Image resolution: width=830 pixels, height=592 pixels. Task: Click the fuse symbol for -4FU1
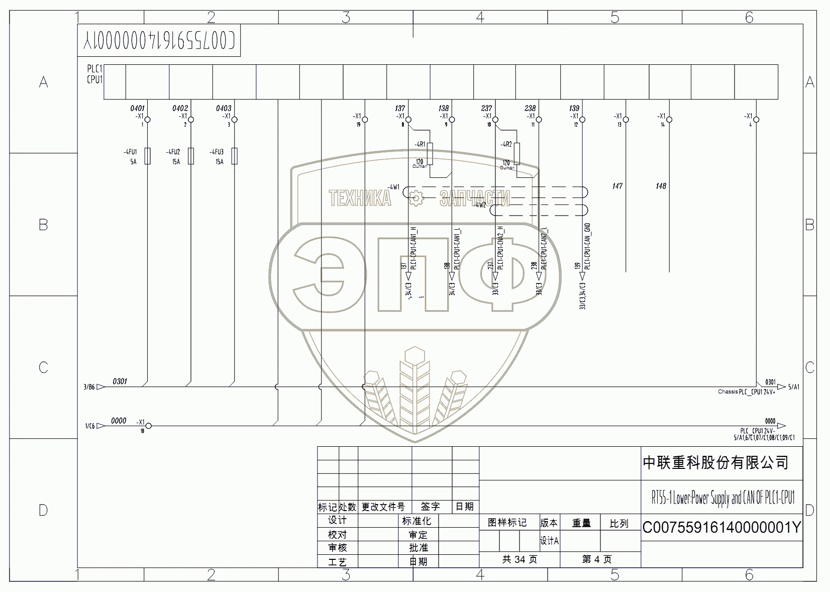coord(147,156)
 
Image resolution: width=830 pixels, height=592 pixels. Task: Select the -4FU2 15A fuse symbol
coord(191,156)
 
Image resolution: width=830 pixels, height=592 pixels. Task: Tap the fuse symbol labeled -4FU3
coord(234,156)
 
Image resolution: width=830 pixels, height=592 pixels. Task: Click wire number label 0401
coord(137,108)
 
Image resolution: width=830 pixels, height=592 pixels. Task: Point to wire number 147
coord(617,186)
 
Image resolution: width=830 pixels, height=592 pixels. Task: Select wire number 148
coord(661,186)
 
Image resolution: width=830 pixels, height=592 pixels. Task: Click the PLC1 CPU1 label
coord(94,74)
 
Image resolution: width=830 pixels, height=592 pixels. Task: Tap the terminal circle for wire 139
coord(582,120)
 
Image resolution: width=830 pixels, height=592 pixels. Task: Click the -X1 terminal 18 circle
coord(148,426)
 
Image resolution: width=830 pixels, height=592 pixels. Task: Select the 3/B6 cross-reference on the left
coord(89,387)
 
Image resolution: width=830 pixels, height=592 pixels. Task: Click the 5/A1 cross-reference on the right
coord(794,387)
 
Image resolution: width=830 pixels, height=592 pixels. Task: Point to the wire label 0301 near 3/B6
coord(120,381)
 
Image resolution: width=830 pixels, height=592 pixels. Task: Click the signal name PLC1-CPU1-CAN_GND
coord(588,246)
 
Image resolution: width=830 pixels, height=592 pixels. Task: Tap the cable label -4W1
coord(393,187)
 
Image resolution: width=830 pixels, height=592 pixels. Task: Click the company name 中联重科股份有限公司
coord(715,463)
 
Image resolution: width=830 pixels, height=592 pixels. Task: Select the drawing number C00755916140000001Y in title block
coord(721,527)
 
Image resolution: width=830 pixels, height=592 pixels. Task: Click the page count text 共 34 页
coord(520,559)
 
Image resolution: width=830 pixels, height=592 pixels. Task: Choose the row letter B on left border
coord(43,225)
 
